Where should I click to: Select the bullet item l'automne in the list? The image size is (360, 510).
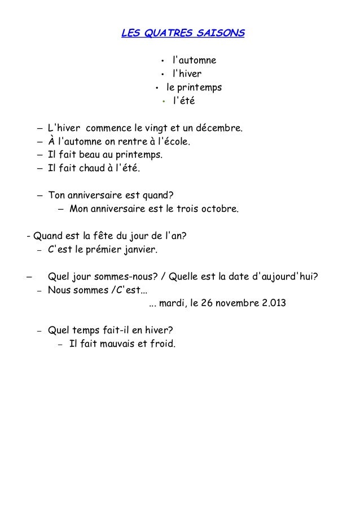tap(194, 60)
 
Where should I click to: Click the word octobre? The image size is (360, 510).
tap(219, 210)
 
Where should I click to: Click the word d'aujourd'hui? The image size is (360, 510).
tap(284, 276)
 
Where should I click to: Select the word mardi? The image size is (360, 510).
tap(173, 303)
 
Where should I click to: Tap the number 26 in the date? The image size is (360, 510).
tap(212, 303)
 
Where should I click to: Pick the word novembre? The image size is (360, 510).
tap(239, 303)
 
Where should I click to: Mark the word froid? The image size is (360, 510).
tap(163, 343)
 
